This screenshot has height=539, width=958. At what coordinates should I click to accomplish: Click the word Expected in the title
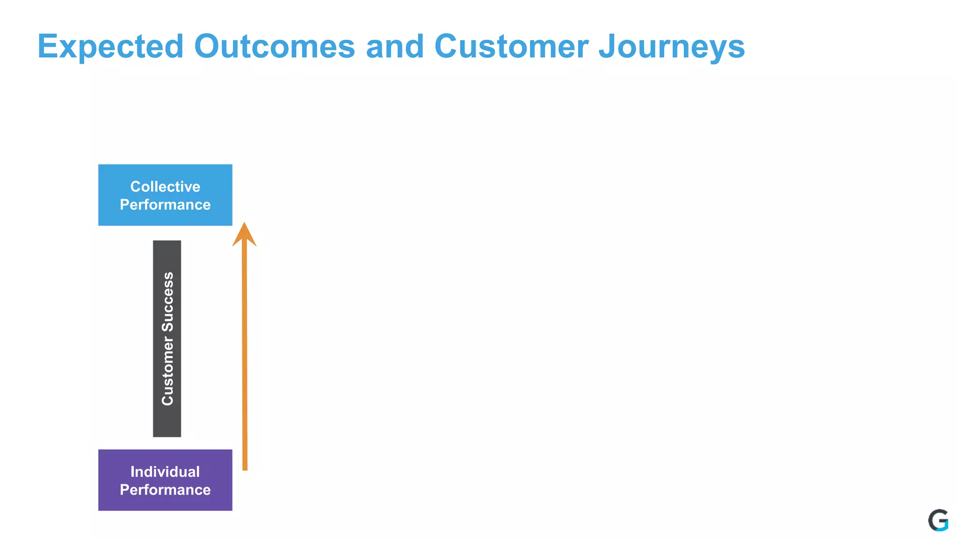pos(110,47)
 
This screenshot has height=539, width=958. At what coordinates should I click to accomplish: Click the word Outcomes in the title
pos(275,47)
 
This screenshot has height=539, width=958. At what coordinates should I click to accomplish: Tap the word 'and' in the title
pos(395,47)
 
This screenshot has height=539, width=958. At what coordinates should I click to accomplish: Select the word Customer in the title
pos(511,47)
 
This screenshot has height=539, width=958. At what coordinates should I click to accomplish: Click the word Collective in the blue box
pos(165,187)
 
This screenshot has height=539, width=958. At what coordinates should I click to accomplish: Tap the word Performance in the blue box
pos(165,205)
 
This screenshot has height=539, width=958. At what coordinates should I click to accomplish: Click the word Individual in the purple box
pos(165,472)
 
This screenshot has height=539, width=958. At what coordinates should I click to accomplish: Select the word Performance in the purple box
pos(165,490)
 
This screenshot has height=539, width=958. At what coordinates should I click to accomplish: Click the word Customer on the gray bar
pos(167,371)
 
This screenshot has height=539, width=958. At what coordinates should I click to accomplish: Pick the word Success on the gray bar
pos(167,302)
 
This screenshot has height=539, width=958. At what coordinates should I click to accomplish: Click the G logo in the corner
pos(938,520)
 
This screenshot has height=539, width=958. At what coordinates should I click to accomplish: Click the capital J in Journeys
pos(607,47)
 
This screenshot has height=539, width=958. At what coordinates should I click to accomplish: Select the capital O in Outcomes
pos(207,47)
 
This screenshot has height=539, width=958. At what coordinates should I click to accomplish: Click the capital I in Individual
pos(132,472)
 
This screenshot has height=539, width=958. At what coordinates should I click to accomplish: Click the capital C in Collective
pos(135,187)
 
